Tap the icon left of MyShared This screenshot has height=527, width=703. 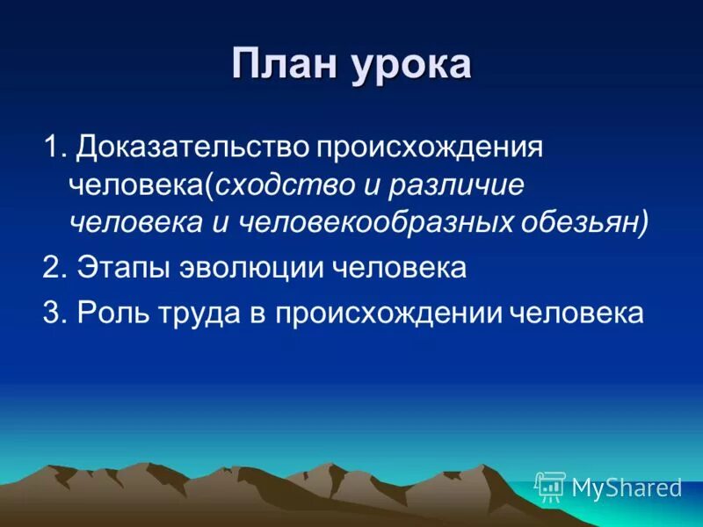[x=551, y=487]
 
